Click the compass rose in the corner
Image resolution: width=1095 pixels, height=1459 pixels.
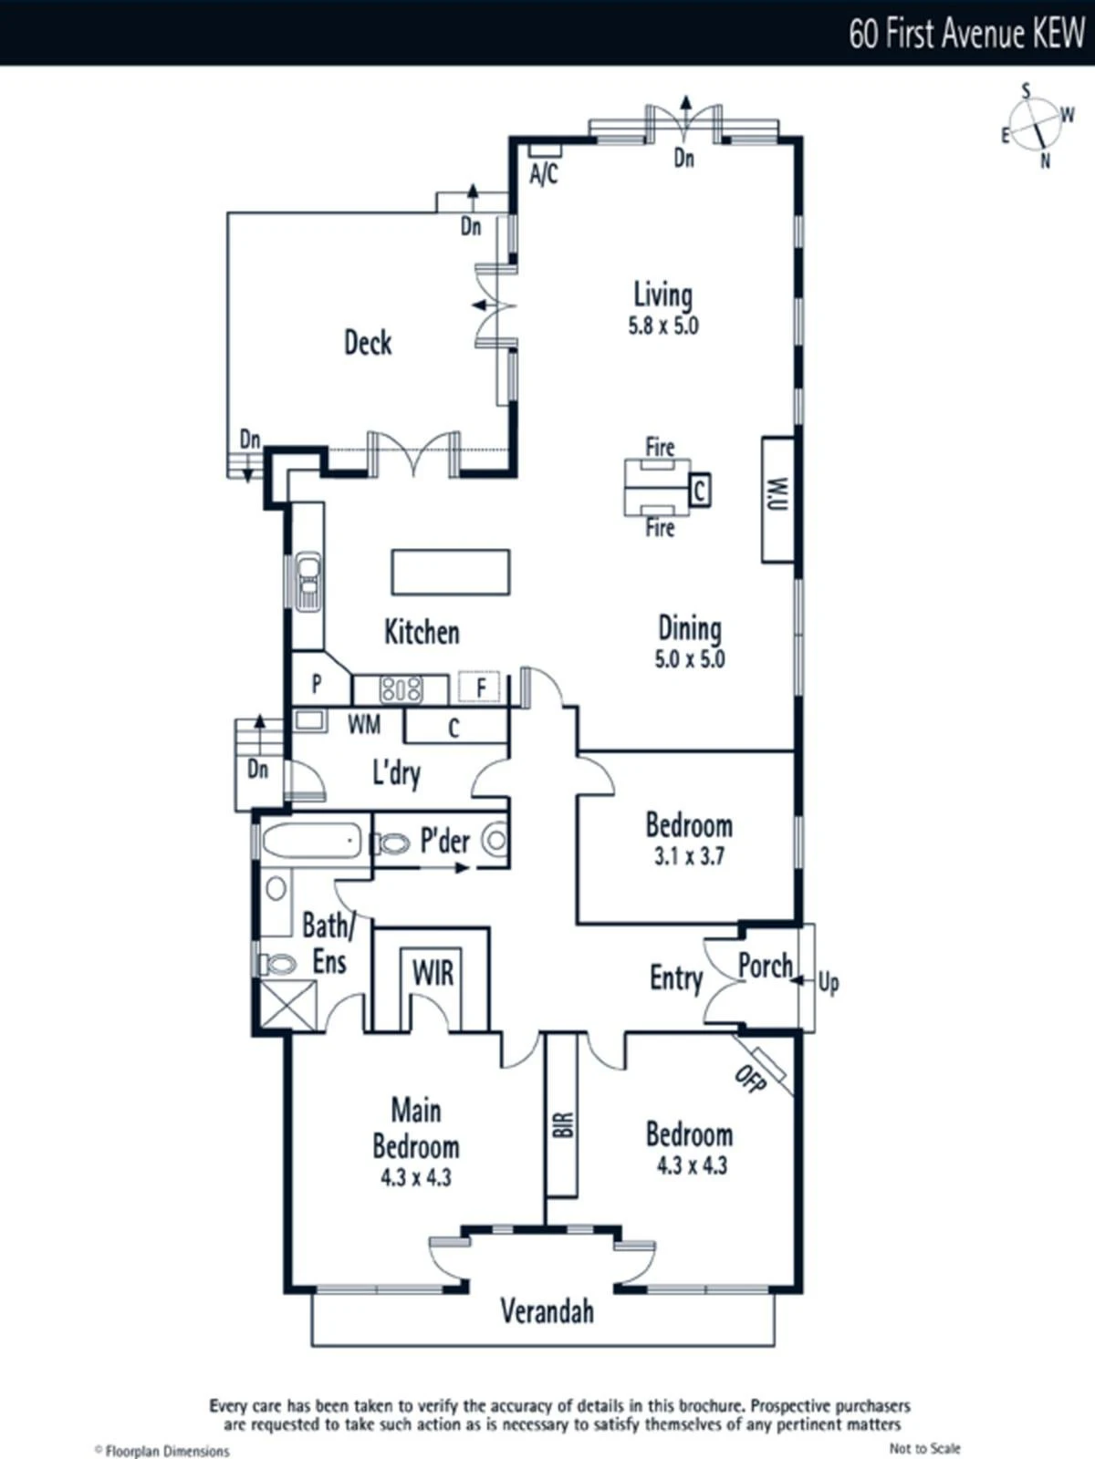1038,125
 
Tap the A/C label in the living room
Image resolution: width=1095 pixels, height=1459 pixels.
544,174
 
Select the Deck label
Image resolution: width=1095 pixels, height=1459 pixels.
368,343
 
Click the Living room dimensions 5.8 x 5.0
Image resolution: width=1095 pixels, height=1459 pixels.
663,326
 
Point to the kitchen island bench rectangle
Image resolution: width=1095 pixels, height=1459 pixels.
451,572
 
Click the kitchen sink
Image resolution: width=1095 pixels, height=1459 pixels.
308,582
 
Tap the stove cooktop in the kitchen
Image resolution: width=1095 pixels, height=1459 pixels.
401,689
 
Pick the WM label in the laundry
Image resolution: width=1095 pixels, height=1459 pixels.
364,725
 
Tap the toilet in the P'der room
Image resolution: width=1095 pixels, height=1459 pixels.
391,844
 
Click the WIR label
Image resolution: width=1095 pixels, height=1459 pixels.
433,972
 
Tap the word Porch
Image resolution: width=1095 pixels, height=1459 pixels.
766,965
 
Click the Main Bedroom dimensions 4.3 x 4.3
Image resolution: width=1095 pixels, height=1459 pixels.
416,1177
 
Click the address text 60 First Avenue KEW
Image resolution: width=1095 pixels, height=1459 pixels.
966,33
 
